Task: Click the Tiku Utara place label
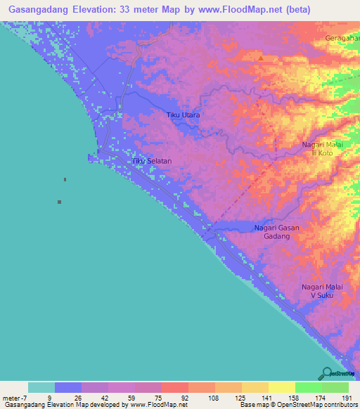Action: click(183, 115)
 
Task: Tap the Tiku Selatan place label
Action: click(152, 161)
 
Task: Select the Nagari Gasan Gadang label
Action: click(276, 233)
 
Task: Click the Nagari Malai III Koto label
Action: click(322, 148)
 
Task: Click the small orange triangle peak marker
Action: click(262, 58)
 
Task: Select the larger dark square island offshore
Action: click(59, 202)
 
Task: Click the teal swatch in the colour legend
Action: click(41, 387)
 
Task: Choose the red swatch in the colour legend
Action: click(175, 387)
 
